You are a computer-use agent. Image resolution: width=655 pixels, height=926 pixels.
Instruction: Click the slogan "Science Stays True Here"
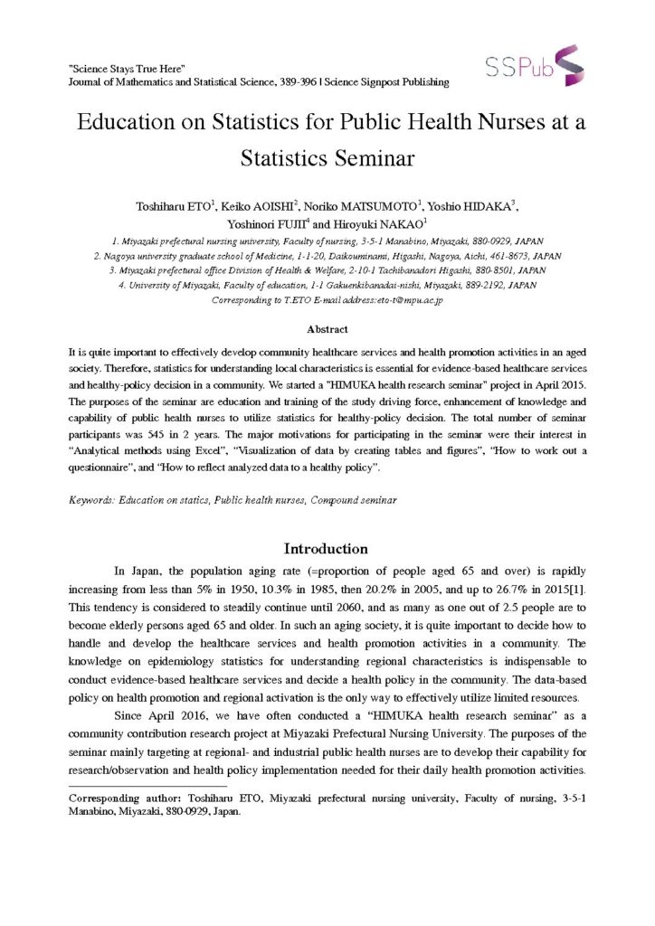pyautogui.click(x=128, y=69)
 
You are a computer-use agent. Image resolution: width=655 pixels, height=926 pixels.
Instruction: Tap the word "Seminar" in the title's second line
pyautogui.click(x=365, y=157)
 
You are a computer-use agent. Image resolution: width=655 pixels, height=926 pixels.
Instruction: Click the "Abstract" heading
pyautogui.click(x=327, y=329)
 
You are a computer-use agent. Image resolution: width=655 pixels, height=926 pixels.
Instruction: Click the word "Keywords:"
pyautogui.click(x=94, y=499)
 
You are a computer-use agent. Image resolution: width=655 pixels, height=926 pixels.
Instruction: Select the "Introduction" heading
pyautogui.click(x=326, y=549)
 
